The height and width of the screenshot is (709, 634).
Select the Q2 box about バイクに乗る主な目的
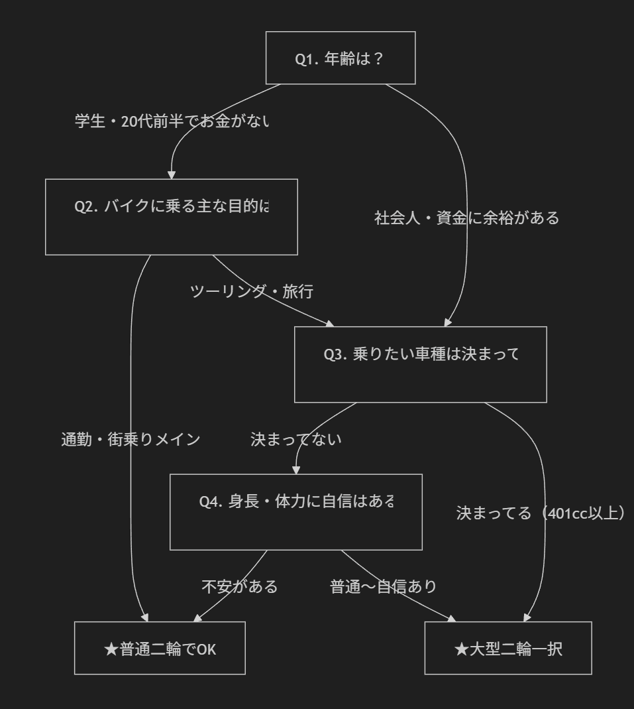pos(172,216)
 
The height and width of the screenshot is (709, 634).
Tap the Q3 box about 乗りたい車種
pos(421,364)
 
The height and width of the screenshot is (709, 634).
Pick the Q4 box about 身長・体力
pos(296,511)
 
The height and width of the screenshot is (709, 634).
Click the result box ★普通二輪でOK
pos(160,649)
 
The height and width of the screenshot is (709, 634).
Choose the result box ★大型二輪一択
pos(508,649)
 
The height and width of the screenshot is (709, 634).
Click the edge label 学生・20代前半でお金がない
pos(172,122)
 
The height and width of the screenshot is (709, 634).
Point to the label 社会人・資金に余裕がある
pos(467,218)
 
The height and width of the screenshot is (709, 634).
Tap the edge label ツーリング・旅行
pos(251,291)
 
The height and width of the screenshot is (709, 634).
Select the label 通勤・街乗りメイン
pos(131,439)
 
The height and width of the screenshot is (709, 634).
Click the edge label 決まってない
pos(295,439)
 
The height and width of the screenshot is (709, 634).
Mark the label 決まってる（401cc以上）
pos(541,513)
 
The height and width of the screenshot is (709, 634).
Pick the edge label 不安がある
pos(239,587)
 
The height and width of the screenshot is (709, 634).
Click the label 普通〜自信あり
pos(384,587)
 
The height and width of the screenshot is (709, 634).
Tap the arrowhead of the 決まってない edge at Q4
pos(296,470)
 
